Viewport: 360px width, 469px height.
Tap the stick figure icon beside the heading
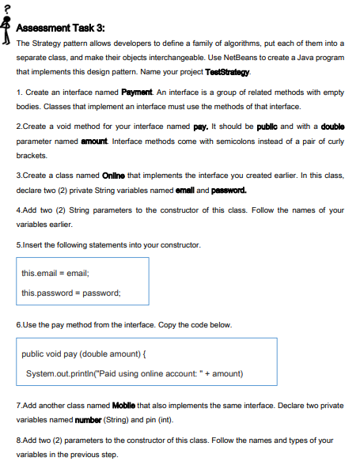[x=7, y=28]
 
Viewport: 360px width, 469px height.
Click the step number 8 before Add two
[x=18, y=441]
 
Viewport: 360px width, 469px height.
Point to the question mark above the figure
[x=6, y=6]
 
